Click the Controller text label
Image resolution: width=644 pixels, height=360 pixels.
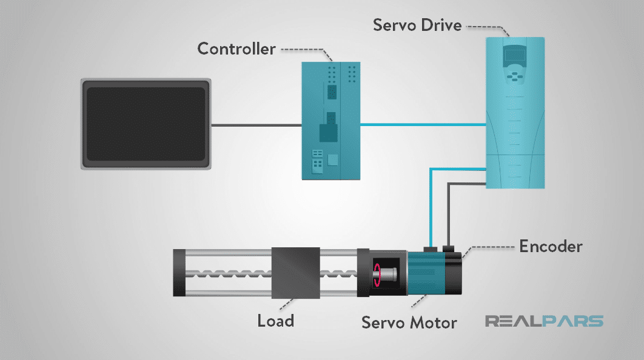[x=236, y=48]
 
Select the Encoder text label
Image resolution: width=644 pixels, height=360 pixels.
[x=551, y=246]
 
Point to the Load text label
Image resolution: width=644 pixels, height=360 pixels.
[x=275, y=319]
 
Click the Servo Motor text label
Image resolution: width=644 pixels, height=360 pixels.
[x=409, y=322]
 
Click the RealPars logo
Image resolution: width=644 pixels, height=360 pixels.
[x=544, y=321]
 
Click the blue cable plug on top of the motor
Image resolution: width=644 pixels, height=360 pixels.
[x=431, y=248]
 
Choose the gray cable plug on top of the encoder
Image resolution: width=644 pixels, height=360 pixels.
[x=449, y=248]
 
